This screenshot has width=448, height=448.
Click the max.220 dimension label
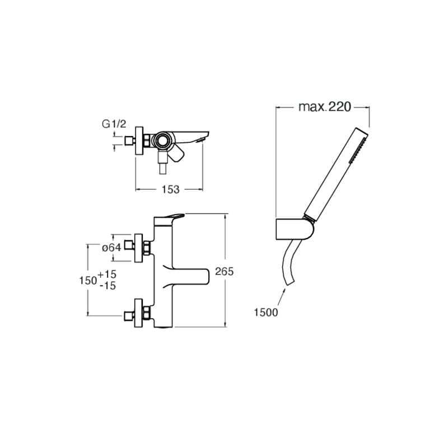coord(325,107)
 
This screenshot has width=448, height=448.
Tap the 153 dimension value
coord(170,189)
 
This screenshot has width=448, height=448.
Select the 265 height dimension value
coord(225,272)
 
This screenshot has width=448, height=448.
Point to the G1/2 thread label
coord(114,124)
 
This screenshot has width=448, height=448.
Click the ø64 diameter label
coord(111,248)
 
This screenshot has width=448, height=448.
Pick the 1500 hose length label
coord(265,312)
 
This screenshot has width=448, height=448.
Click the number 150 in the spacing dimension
coord(88,281)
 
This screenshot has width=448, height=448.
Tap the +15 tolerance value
coord(107,274)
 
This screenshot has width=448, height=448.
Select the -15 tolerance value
coord(108,286)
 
